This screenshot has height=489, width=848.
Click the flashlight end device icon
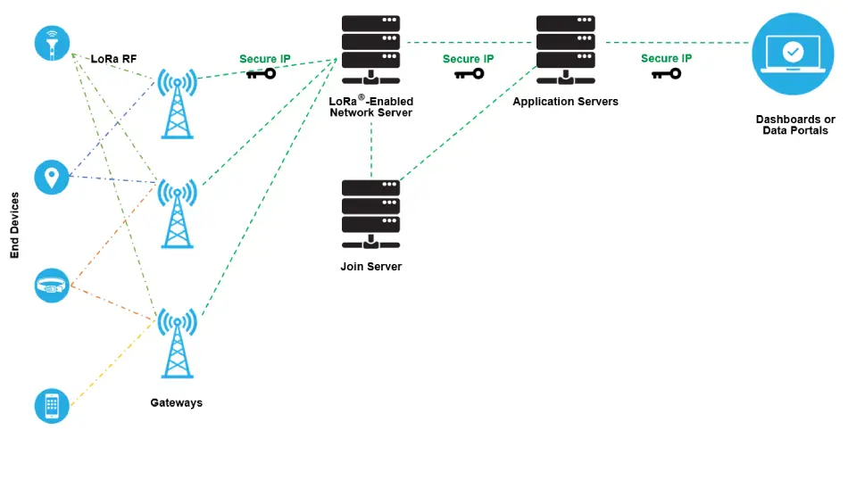pos(52,43)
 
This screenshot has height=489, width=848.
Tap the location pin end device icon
pos(52,177)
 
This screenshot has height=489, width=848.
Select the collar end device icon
pos(52,285)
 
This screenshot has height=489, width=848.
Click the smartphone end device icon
pos(52,406)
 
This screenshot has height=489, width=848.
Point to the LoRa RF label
pos(113,59)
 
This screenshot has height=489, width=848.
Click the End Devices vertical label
pos(14,225)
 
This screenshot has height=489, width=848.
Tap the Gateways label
pos(177,402)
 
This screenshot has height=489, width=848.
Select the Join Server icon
pos(371,214)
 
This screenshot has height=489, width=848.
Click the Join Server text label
pos(371,267)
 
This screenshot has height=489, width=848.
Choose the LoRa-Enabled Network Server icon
pos(371,50)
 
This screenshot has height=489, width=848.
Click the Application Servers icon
pos(566,50)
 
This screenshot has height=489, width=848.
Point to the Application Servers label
pos(566,102)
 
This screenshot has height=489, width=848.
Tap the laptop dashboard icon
pos(793,54)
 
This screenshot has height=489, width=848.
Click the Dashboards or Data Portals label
pos(795,125)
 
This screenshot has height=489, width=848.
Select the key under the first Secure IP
pos(262,73)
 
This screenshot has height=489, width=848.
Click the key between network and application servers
pos(469,73)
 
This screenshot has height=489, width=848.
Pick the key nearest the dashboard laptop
pos(666,73)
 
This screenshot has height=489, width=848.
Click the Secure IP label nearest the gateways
pos(265,59)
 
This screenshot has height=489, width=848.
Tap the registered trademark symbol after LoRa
pos(362,97)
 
